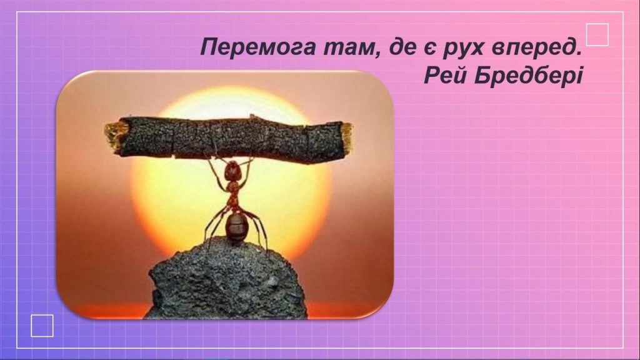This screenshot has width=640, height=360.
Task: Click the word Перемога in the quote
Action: (x=258, y=47)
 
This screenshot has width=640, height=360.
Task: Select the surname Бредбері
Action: (x=529, y=76)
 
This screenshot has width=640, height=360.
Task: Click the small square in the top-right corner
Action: (x=597, y=35)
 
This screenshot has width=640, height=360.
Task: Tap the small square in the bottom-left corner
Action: (x=42, y=326)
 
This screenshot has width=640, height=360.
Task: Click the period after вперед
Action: (x=577, y=54)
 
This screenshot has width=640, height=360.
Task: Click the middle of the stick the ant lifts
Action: (x=229, y=138)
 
